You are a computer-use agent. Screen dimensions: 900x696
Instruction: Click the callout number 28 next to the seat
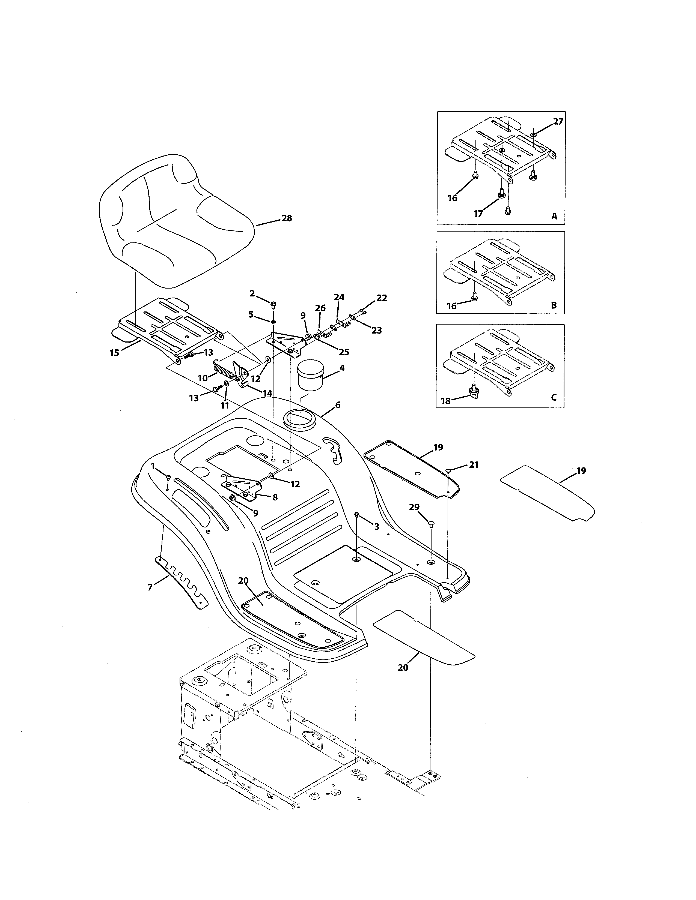tap(287, 218)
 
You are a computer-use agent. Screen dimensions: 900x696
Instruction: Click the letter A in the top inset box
tap(554, 216)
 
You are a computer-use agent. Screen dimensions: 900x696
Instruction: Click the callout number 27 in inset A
tap(558, 122)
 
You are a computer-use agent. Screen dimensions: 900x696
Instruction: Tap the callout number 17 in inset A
tap(478, 214)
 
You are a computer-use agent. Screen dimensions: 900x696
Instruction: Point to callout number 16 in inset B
tap(452, 306)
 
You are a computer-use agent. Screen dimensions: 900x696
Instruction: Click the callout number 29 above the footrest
tap(414, 507)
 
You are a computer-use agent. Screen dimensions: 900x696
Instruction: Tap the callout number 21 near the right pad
tap(474, 464)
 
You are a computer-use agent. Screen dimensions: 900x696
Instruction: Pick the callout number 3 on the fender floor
tap(376, 527)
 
